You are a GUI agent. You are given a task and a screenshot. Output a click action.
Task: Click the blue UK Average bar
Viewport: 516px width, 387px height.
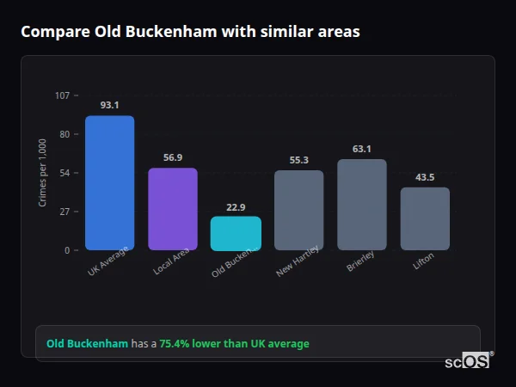coord(109,183)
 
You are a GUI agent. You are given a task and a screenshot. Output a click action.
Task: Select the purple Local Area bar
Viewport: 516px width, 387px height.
coord(173,209)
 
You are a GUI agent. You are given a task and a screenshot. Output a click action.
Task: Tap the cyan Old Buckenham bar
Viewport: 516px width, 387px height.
coord(236,233)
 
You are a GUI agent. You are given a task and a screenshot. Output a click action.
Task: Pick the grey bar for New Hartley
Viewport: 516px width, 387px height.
coord(298,210)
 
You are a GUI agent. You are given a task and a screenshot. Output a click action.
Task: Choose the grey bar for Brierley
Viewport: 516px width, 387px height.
coord(362,205)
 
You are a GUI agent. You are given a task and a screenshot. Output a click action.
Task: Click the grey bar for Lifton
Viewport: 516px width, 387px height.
coord(425,218)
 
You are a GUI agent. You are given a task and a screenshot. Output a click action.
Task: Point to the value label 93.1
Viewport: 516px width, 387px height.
coord(109,105)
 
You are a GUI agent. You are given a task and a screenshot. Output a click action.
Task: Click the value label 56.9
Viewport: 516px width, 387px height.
coord(173,157)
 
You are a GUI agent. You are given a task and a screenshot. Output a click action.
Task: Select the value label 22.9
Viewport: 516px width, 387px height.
coord(236,206)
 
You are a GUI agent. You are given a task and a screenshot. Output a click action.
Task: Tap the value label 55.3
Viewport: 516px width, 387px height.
coord(298,160)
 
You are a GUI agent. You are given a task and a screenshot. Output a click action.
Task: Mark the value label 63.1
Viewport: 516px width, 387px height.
coord(362,149)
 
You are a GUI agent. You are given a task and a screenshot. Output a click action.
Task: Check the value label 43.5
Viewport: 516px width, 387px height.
coord(425,177)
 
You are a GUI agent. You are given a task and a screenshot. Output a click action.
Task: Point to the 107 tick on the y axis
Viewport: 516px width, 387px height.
coord(62,95)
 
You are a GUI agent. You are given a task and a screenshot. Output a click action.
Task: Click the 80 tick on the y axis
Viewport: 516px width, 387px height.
coord(64,134)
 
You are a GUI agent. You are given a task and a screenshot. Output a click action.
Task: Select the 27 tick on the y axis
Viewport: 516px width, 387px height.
coord(64,212)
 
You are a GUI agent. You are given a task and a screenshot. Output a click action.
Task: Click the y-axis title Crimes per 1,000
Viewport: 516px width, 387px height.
coord(43,173)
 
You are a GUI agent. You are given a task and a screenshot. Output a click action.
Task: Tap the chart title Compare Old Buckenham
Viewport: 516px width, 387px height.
coord(190,32)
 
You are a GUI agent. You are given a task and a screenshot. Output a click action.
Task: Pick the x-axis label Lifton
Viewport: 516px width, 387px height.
coord(423,262)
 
